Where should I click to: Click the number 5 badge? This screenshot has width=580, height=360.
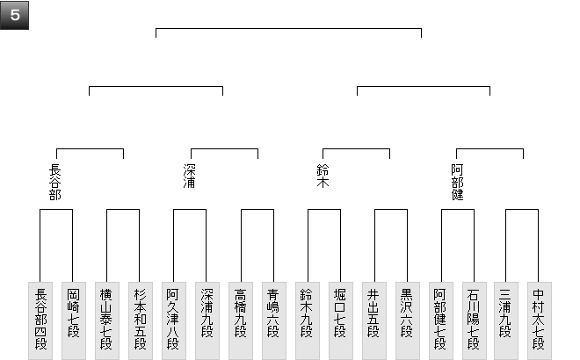pos(15,16)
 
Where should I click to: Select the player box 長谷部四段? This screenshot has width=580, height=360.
pos(40,320)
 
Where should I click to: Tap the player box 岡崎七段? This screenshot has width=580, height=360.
pos(73,320)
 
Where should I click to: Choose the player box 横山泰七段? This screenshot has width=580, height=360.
pos(106,320)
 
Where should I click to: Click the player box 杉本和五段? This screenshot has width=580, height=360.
pos(139,320)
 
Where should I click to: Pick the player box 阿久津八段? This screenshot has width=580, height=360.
pos(173,320)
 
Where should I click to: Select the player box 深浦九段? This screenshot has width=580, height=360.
pos(206,320)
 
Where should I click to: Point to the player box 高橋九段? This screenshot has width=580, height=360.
pos(240,320)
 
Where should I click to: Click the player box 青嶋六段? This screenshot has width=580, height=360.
pos(272,320)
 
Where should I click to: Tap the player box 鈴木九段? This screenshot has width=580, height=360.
pos(307,320)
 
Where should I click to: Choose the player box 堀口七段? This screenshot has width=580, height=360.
pos(339,320)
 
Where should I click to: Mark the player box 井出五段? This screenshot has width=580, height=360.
pos(373,320)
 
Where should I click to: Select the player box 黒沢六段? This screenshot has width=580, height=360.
pos(406,320)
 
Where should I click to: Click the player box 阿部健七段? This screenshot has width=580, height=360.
pos(440,320)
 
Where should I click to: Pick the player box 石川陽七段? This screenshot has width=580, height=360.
pos(473,320)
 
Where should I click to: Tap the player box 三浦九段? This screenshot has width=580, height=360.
pos(507,320)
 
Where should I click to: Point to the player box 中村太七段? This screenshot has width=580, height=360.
pos(540,320)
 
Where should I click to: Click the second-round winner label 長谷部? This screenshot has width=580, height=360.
pos(56,183)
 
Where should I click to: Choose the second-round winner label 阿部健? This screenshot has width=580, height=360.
pos(457,183)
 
